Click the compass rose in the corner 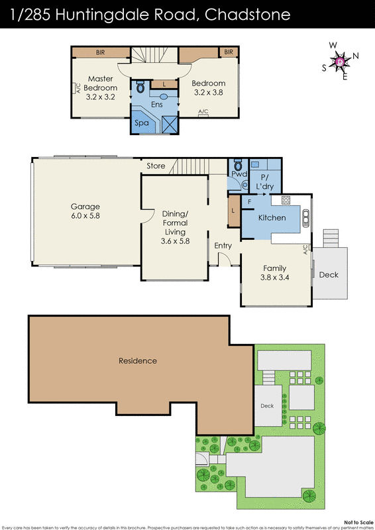pos(340,61)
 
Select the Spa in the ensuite pos(141,123)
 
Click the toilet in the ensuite pos(140,87)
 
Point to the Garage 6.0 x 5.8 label pos(85,210)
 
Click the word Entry pos(223,246)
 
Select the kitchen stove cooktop pos(287,199)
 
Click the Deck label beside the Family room pos(328,274)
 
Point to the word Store pos(156,166)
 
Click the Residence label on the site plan pos(138,361)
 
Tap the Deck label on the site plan pos(266,406)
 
